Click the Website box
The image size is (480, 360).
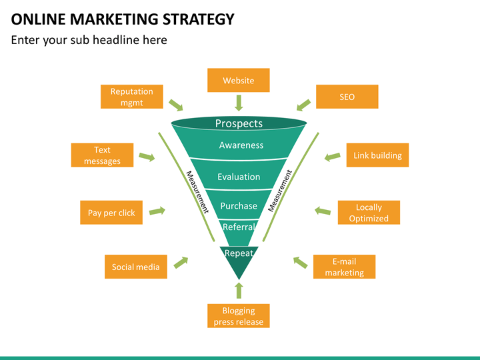[239, 80]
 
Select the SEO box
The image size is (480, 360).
[347, 97]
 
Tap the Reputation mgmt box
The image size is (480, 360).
[131, 97]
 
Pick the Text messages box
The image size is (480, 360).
[102, 155]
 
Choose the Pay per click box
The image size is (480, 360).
[111, 213]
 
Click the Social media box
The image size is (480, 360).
[136, 267]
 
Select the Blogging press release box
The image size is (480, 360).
[239, 316]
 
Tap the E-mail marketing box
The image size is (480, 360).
[345, 267]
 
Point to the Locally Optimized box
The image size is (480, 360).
[369, 213]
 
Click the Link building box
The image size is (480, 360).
[377, 155]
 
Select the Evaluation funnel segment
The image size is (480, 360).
[239, 175]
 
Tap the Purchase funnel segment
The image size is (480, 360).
[239, 205]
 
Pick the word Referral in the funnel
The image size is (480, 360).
[239, 227]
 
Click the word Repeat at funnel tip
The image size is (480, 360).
[239, 253]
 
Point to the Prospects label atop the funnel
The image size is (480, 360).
[239, 123]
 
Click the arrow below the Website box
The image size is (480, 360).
[239, 103]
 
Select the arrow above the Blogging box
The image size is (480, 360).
[239, 290]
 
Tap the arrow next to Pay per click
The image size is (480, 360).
[157, 211]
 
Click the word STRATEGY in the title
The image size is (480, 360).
[199, 19]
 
